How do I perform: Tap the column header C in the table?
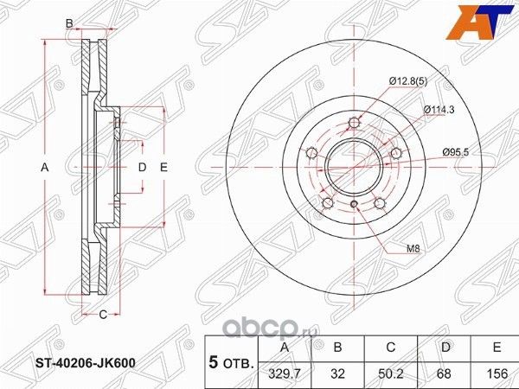point(391,347)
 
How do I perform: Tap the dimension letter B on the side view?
point(69,23)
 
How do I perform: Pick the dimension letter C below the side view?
point(101,314)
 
